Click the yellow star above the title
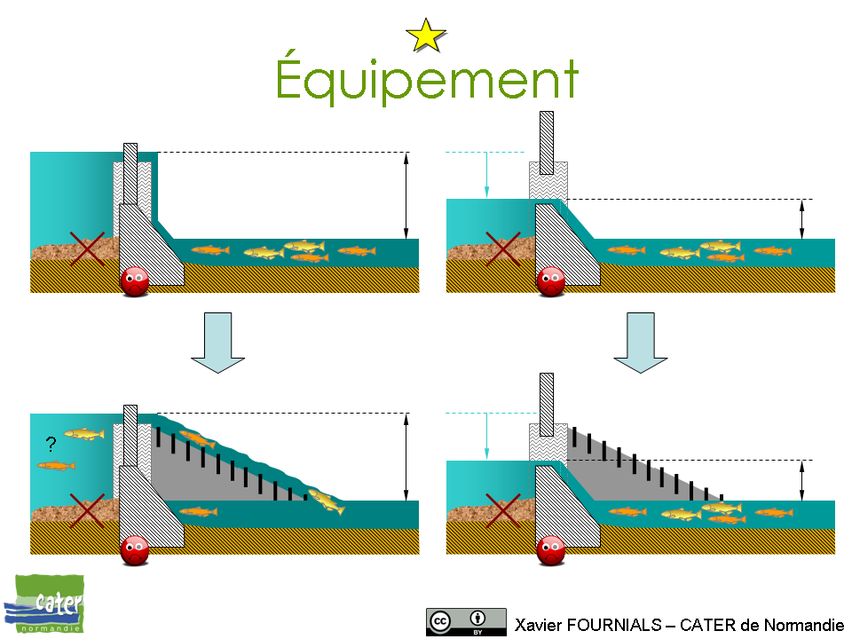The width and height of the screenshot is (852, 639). click(x=426, y=35)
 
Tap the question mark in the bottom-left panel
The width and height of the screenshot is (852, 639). click(x=51, y=443)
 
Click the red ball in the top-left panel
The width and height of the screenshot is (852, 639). click(x=135, y=281)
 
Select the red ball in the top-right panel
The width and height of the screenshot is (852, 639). click(x=551, y=281)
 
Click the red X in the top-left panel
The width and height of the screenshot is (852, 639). click(x=87, y=248)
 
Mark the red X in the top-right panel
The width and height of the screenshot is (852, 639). click(x=503, y=248)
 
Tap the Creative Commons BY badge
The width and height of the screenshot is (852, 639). click(x=466, y=621)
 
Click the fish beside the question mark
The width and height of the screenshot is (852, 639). click(x=84, y=434)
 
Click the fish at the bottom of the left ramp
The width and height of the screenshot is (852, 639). click(x=326, y=501)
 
